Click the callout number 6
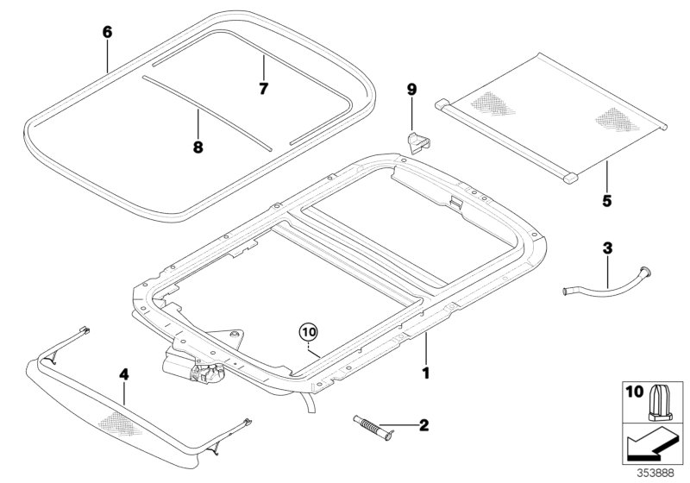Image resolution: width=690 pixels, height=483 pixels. (x=107, y=33)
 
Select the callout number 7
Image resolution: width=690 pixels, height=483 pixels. (x=264, y=88)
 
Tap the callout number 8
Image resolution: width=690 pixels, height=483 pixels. (x=198, y=147)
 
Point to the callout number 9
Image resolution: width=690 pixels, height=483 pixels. (x=411, y=89)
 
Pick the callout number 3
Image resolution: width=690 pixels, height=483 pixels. (x=607, y=249)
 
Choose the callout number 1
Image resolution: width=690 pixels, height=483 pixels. (x=423, y=373)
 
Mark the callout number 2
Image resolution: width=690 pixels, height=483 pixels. (x=423, y=424)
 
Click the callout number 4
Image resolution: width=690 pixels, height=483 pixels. (x=123, y=374)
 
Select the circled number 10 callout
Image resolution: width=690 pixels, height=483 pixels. (x=309, y=330)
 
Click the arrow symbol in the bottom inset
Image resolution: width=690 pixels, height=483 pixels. (x=650, y=444)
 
